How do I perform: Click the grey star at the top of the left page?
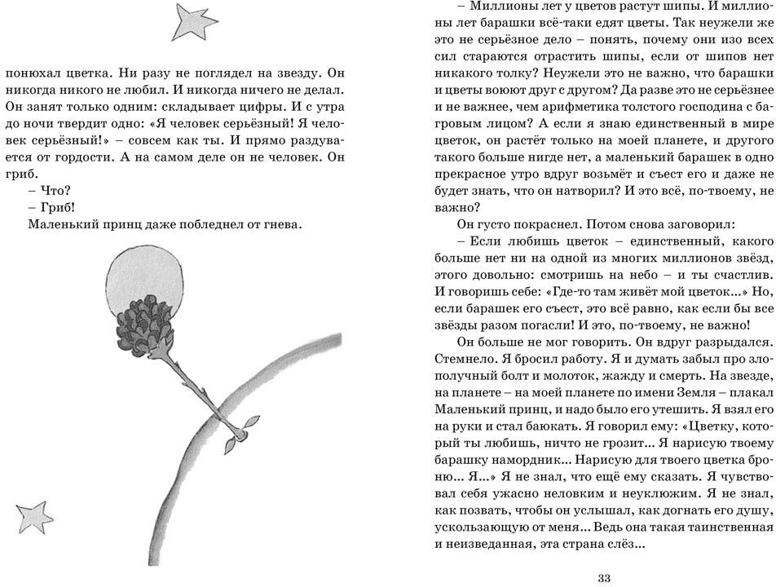point(195,23)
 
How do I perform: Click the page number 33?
point(604,578)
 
